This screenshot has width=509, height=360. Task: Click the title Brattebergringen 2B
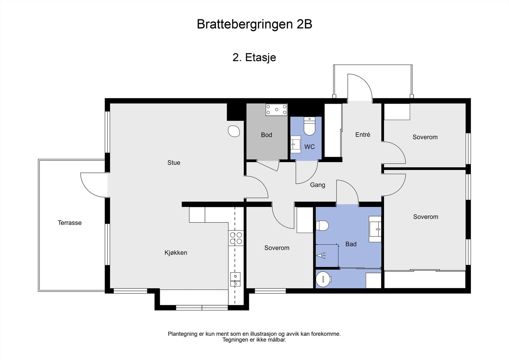pyautogui.click(x=254, y=24)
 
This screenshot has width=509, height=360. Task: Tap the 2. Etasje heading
pyautogui.click(x=254, y=57)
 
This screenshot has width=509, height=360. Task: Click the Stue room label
pyautogui.click(x=174, y=163)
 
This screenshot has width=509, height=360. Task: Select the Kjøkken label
pyautogui.click(x=176, y=253)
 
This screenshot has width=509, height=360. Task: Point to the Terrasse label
pyautogui.click(x=70, y=223)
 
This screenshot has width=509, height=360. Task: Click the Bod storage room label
pyautogui.click(x=266, y=135)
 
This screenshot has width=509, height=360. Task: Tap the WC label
pyautogui.click(x=309, y=147)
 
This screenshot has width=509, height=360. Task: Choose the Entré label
pyautogui.click(x=363, y=135)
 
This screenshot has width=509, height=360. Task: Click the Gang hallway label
pyautogui.click(x=317, y=185)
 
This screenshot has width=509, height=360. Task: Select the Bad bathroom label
pyautogui.click(x=351, y=244)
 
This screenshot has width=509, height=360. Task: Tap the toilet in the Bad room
pyautogui.click(x=322, y=226)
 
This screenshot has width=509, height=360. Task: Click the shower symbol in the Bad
pyautogui.click(x=321, y=255)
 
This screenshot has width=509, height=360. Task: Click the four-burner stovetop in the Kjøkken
pyautogui.click(x=236, y=238)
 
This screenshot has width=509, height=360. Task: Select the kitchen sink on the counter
pyautogui.click(x=235, y=279)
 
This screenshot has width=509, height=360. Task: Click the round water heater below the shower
pyautogui.click(x=324, y=279)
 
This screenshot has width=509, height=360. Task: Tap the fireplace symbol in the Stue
pyautogui.click(x=234, y=131)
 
